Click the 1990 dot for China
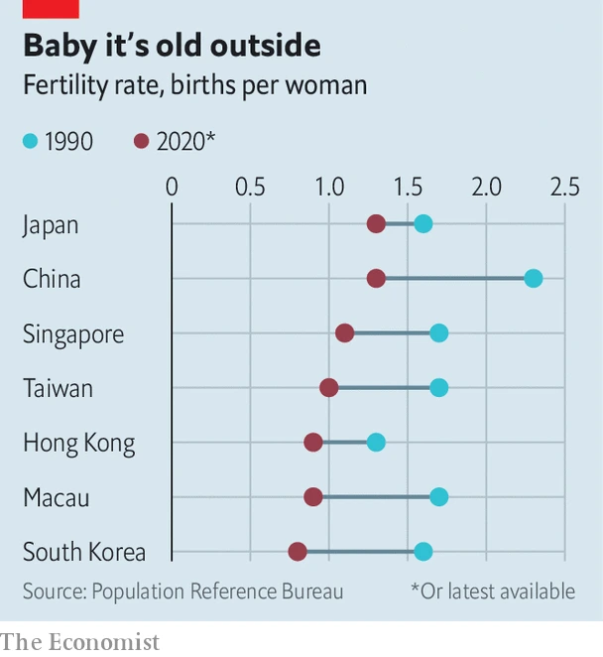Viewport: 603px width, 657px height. [534, 278]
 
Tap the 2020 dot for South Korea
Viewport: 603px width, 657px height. [298, 552]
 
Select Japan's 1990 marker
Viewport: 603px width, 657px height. [423, 223]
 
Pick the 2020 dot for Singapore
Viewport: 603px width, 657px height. [344, 332]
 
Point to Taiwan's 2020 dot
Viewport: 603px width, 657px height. [329, 387]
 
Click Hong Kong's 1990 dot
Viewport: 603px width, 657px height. [376, 442]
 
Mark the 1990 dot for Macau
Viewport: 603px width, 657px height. [439, 496]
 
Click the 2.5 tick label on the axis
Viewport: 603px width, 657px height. [564, 186]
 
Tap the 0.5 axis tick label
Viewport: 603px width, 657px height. [250, 186]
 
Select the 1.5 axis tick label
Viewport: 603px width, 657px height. [408, 186]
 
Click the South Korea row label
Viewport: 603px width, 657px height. [84, 553]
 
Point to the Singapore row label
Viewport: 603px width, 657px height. [73, 333]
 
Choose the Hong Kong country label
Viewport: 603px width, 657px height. [78, 443]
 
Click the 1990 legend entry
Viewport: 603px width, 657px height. [59, 142]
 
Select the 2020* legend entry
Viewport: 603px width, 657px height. [175, 142]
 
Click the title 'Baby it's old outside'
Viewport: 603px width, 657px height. [172, 46]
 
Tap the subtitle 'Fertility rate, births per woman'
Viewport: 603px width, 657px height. [195, 85]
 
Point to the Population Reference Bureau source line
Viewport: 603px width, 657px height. [183, 591]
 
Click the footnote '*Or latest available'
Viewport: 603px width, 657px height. [493, 591]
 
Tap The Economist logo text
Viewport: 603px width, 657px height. [79, 642]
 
